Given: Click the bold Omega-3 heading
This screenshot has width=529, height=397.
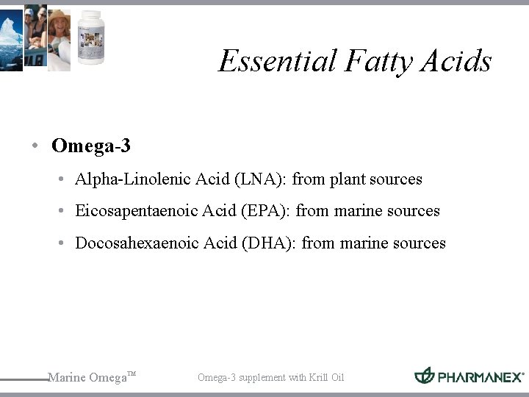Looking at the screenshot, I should pyautogui.click(x=91, y=146).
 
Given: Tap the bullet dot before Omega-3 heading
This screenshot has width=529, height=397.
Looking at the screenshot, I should pyautogui.click(x=35, y=146).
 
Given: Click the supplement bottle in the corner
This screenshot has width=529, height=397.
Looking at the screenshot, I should pyautogui.click(x=91, y=37).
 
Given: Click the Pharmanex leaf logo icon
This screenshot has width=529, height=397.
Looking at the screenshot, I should pyautogui.click(x=425, y=376).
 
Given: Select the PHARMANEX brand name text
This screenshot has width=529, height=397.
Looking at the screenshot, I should pyautogui.click(x=481, y=377).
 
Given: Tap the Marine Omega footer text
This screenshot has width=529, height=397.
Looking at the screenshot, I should pyautogui.click(x=88, y=378).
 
